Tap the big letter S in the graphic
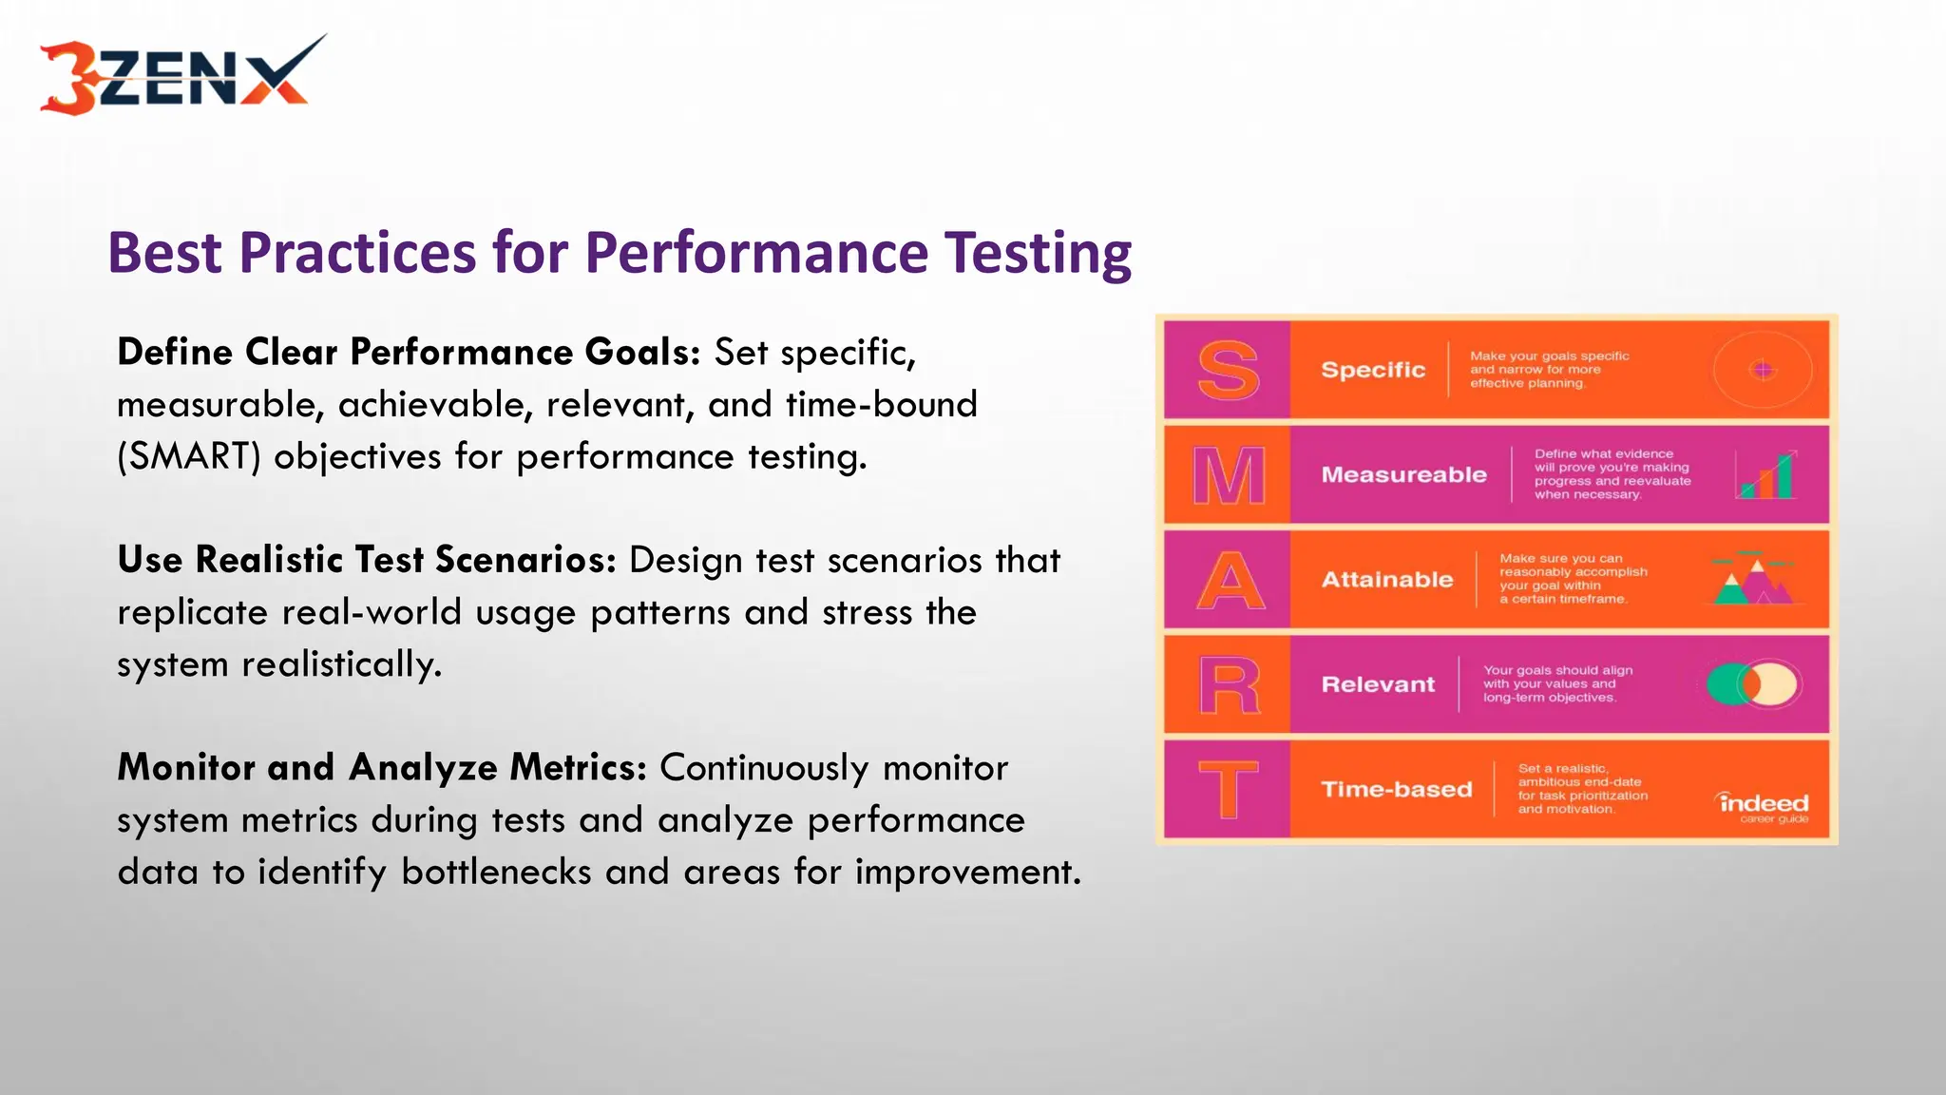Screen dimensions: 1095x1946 pos(1228,371)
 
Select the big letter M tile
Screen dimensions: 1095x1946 pos(1228,475)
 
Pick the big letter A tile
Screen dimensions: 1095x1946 pos(1228,580)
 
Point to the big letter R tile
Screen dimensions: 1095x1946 pos(1228,684)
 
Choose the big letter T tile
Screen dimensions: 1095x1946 pos(1228,789)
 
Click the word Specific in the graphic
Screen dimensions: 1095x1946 pos(1373,370)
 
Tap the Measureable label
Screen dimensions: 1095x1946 pos(1403,474)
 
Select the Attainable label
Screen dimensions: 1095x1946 pos(1387,579)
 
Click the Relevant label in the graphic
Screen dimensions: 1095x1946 pos(1378,684)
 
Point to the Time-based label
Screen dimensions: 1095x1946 pos(1396,789)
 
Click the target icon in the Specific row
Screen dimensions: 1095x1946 pos(1763,370)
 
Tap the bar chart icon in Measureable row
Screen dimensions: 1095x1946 pos(1766,475)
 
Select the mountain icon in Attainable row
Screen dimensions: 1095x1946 pos(1753,579)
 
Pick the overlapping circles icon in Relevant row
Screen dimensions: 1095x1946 pos(1752,684)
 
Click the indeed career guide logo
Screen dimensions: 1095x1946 pos(1765,807)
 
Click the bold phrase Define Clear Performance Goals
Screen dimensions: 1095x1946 pos(409,353)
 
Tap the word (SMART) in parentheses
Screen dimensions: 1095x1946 pos(189,457)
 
